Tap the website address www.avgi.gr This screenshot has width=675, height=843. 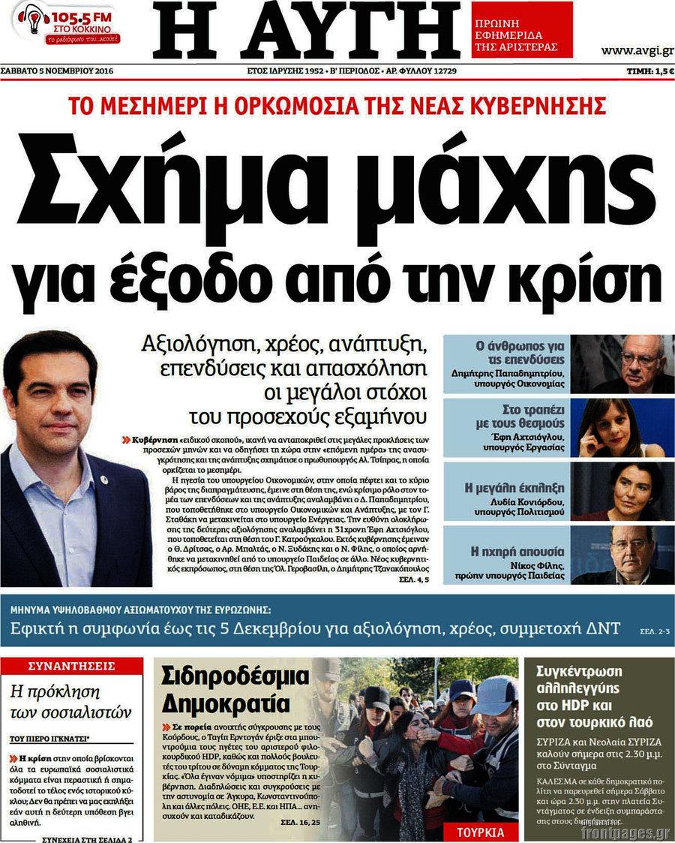point(635,50)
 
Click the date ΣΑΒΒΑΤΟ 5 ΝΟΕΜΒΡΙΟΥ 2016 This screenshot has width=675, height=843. point(61,71)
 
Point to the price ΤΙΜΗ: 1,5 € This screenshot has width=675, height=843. point(650,71)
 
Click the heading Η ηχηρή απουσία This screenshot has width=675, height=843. point(517,551)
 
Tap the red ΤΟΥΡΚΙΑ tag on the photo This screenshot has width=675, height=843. point(480,832)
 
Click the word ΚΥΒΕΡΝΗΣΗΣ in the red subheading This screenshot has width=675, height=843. point(532,104)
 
